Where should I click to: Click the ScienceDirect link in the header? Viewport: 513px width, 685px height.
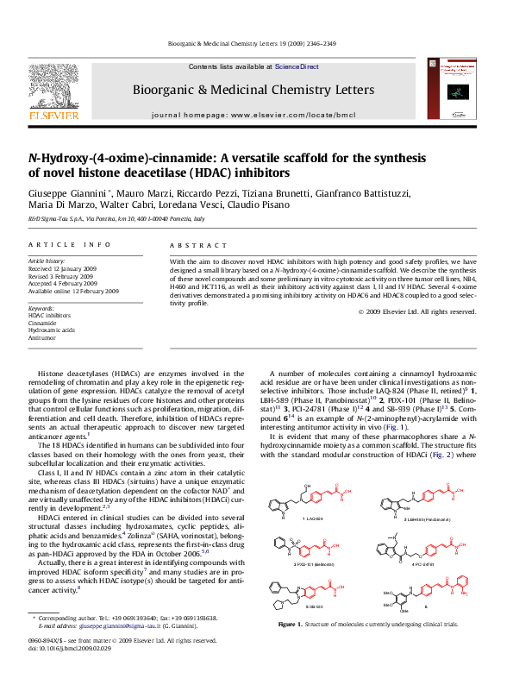coord(297,66)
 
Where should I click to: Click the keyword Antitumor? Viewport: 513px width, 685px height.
coord(42,339)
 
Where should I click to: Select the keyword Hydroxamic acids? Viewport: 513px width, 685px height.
coord(51,331)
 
